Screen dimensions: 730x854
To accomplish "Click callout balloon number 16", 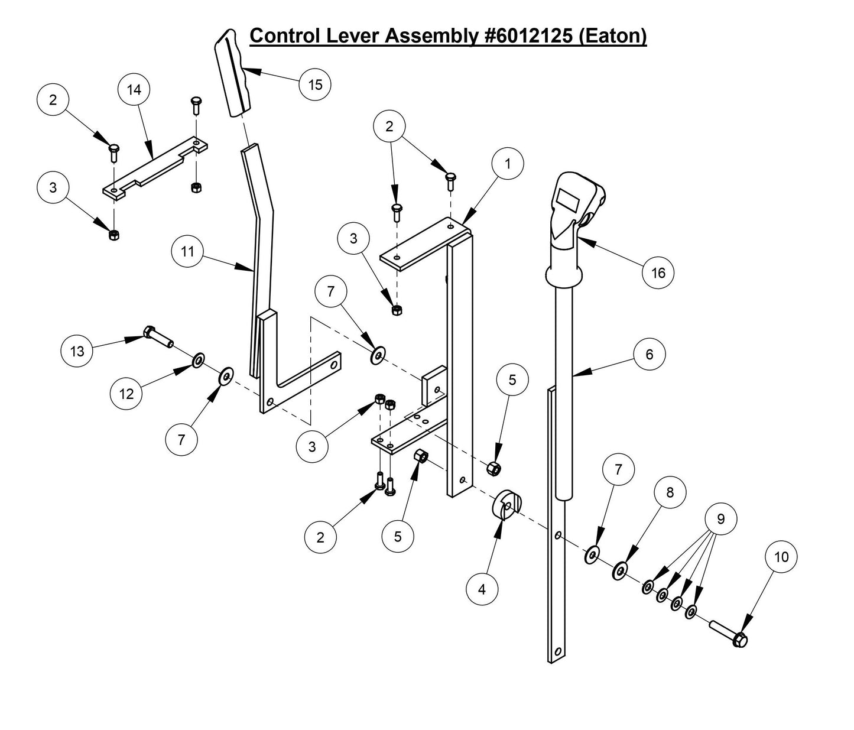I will tap(658, 272).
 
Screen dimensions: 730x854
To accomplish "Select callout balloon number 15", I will tap(315, 85).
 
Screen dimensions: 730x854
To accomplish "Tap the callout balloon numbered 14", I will tap(134, 90).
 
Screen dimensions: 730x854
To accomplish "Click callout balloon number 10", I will tap(781, 557).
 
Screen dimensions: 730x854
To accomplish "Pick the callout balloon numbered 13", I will tap(77, 351).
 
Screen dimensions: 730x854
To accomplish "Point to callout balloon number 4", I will tap(482, 589).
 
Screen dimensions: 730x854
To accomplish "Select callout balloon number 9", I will tap(720, 519).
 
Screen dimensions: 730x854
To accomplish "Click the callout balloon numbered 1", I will tap(507, 164).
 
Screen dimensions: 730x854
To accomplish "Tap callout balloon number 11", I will tap(187, 252).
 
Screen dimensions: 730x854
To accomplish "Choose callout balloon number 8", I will tap(670, 492).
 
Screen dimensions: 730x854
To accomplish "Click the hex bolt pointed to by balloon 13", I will tap(157, 338).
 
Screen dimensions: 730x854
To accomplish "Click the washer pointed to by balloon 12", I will tap(197, 359).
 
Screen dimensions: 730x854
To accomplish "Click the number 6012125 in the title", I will tap(527, 36).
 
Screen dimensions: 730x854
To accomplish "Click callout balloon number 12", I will tap(127, 394).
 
